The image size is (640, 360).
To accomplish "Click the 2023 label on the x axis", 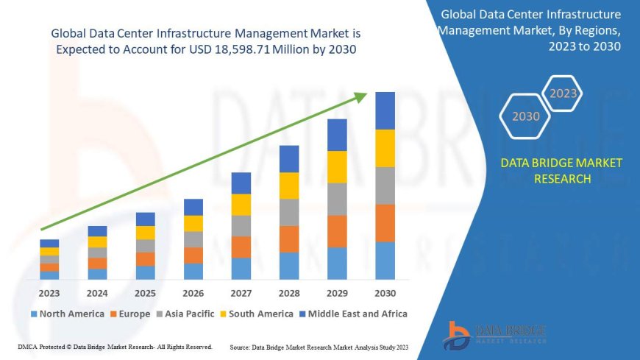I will (49, 293).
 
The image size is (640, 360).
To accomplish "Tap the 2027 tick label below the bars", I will (241, 293).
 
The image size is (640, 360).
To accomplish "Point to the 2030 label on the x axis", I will (385, 293).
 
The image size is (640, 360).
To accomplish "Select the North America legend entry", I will (67, 314).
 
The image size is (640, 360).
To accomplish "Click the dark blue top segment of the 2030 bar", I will (385, 110).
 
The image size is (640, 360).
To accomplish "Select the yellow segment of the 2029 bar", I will (337, 166).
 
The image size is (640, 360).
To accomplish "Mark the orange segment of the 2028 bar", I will (289, 239).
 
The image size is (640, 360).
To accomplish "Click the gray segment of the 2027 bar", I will (241, 225).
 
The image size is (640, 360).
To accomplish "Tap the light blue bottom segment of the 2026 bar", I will (193, 271).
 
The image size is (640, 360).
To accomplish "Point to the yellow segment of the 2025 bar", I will (146, 233).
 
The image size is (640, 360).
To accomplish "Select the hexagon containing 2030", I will (525, 116).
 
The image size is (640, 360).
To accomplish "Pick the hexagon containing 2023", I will (563, 93).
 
